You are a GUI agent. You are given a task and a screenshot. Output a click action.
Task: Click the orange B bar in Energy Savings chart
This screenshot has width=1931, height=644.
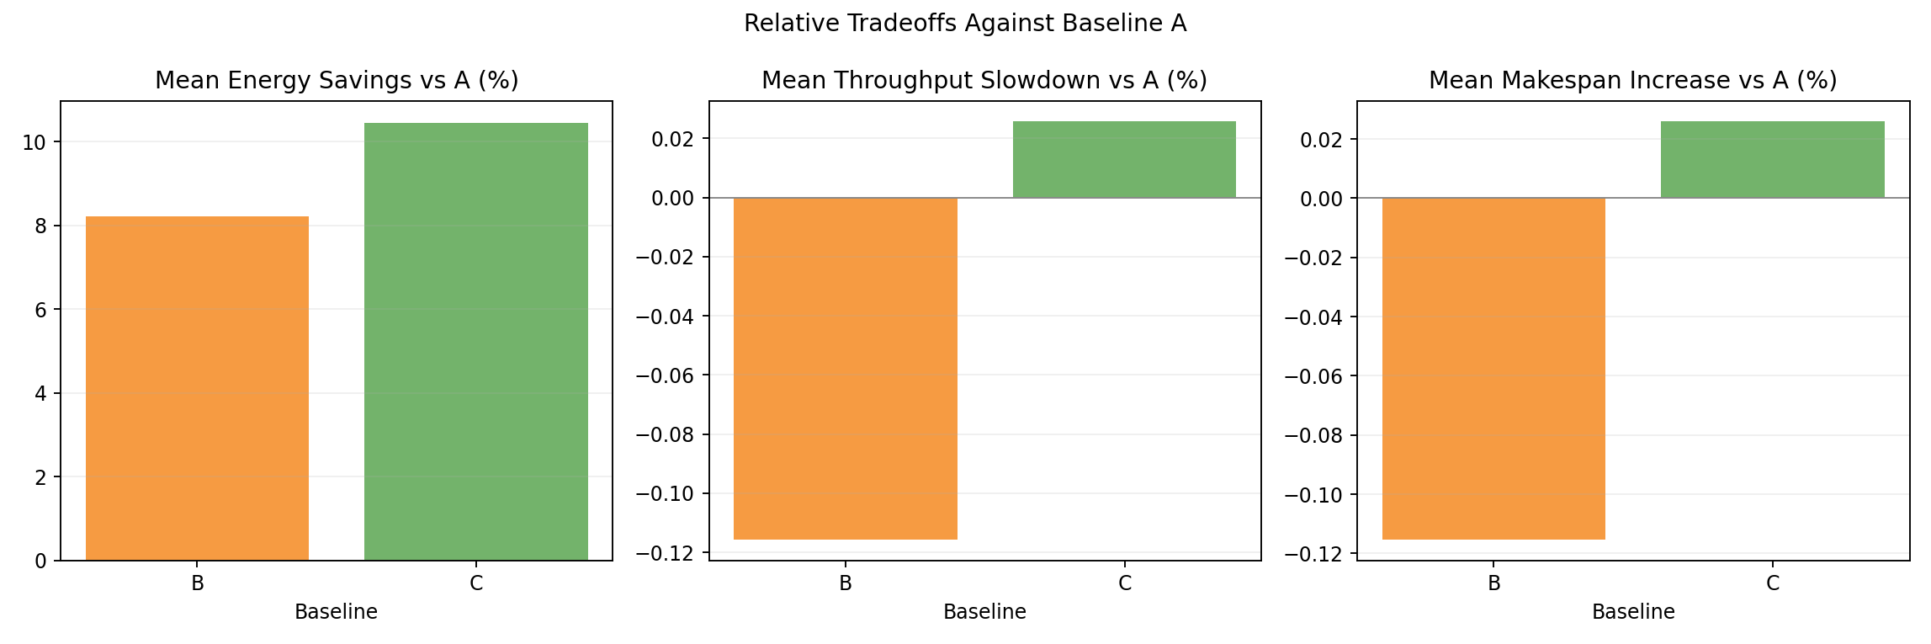coord(197,388)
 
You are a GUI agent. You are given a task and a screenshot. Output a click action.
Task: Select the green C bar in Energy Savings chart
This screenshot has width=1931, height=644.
coord(475,342)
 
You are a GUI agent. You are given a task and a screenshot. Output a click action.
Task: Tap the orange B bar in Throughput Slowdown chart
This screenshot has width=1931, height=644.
coord(845,368)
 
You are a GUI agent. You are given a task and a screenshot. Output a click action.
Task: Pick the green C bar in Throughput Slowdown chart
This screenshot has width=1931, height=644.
coord(1124,160)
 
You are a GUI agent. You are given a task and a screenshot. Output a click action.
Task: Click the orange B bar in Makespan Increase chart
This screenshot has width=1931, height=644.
coord(1493,368)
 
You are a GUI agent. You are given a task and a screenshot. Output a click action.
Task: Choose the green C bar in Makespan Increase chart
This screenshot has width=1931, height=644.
coord(1772,160)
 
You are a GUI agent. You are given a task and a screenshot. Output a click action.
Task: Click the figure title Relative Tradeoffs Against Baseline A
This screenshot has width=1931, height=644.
coord(965,24)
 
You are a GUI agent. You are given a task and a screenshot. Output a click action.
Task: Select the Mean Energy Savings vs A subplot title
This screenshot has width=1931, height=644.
coord(337,81)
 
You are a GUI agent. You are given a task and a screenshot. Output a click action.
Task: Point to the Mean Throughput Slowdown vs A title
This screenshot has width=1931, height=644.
coord(984,81)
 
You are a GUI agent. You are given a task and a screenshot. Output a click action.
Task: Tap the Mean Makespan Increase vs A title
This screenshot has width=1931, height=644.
coord(1632,81)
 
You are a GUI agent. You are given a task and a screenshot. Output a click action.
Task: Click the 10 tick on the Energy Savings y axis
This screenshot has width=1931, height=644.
coord(34,142)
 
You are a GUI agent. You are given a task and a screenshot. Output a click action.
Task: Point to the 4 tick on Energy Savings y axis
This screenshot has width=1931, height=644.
coord(40,394)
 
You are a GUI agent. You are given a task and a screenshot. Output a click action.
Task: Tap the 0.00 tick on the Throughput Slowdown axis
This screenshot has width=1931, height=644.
coord(673,198)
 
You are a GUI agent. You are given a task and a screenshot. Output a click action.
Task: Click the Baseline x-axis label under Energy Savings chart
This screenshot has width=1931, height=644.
coord(336,612)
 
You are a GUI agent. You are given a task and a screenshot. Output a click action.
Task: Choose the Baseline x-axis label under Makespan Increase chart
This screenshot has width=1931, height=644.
coord(1633,612)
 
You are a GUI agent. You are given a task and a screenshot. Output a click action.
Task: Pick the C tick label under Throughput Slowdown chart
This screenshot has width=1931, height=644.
coord(1124,583)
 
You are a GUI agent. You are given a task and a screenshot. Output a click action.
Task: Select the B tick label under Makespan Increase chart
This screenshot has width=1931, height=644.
coord(1493,583)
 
